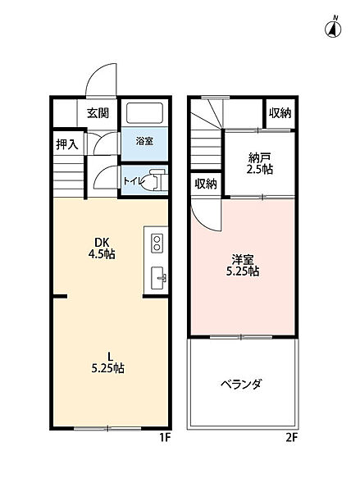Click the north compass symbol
335,29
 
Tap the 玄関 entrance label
98,113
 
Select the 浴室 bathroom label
144,141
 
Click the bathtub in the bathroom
144,114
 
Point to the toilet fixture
154,180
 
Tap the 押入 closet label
67,145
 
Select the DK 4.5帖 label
103,248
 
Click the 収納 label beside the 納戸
280,113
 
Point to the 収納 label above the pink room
207,184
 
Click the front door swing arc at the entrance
98,80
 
